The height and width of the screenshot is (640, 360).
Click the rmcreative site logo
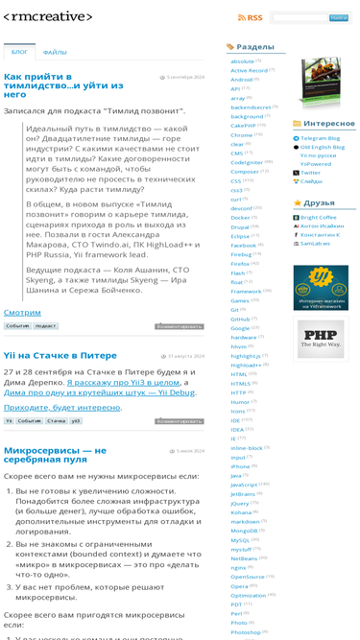pos(48,17)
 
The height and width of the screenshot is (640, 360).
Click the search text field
pos(300,18)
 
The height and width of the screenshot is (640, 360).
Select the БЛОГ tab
pos(19,53)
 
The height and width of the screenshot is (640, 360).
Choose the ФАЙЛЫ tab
pos(55,53)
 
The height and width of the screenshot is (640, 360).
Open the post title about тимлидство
pos(53,84)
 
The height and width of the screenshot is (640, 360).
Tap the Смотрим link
pos(22,313)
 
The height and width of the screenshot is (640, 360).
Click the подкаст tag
pos(45,326)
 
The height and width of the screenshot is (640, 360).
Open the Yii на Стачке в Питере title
pos(60,355)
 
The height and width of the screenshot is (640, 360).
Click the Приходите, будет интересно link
pos(62,407)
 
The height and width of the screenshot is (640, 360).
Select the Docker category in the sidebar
pos(240,218)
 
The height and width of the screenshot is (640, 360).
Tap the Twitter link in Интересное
pos(310,173)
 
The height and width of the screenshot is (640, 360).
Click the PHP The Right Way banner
pos(320,339)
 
